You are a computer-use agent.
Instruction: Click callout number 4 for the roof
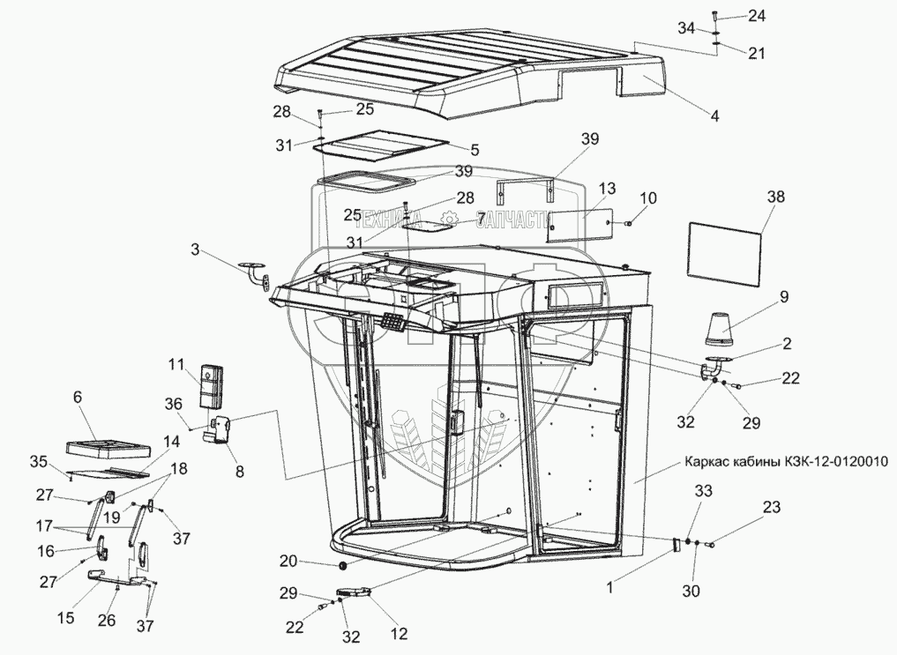[714, 115]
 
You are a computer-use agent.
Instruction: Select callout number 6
[77, 398]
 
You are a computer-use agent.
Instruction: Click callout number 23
[772, 508]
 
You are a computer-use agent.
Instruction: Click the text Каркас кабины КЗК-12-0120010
[784, 461]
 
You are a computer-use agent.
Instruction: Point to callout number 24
[757, 16]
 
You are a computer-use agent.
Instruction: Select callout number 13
[606, 189]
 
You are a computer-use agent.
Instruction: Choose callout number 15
[66, 618]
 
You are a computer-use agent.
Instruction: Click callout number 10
[647, 197]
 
